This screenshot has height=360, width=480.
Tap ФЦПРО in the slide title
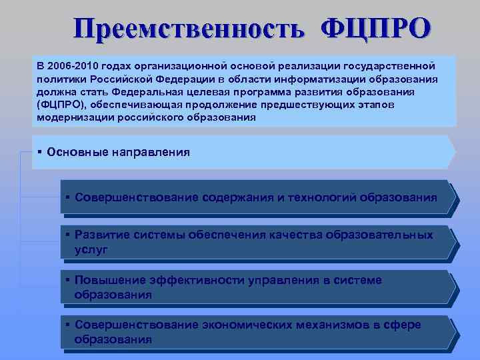[x=376, y=29]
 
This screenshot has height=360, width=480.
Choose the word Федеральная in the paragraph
[x=145, y=91]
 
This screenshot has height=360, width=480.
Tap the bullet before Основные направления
[x=41, y=152]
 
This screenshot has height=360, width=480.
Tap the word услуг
[x=91, y=249]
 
